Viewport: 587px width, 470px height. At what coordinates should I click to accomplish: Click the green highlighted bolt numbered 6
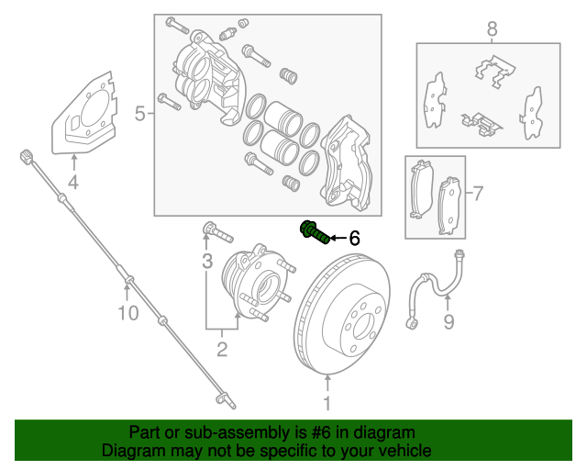coord(314,233)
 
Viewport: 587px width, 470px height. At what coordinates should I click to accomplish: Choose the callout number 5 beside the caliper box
coord(140,114)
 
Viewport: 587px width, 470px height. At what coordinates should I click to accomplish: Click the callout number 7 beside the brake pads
coord(477,193)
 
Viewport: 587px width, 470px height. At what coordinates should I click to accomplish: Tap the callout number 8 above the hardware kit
coord(492,30)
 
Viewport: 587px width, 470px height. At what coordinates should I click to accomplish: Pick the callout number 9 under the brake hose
coord(449,321)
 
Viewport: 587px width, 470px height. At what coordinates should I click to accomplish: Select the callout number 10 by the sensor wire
coord(127,314)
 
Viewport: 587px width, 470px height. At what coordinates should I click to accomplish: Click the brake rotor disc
coord(344,321)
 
